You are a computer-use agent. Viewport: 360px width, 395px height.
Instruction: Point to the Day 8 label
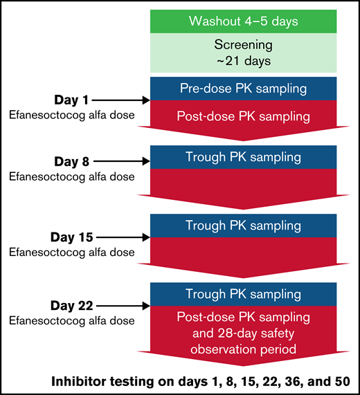coord(68,163)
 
